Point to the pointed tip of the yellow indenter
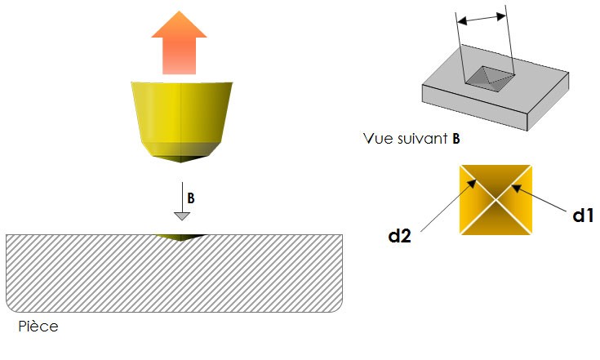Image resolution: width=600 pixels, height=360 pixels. click(181, 162)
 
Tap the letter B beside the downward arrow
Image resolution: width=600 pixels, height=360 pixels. click(191, 198)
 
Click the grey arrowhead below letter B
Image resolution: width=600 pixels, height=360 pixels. click(182, 216)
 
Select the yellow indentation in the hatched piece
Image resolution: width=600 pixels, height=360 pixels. click(180, 238)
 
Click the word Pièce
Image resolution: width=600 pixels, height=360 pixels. click(38, 327)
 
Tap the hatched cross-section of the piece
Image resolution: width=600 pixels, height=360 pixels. click(174, 273)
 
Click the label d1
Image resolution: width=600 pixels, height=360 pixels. click(583, 216)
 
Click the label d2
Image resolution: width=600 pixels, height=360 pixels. click(399, 236)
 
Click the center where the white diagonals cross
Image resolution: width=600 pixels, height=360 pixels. click(496, 200)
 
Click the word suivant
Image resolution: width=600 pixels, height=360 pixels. click(423, 138)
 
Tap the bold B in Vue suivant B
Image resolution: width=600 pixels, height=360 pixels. click(456, 138)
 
